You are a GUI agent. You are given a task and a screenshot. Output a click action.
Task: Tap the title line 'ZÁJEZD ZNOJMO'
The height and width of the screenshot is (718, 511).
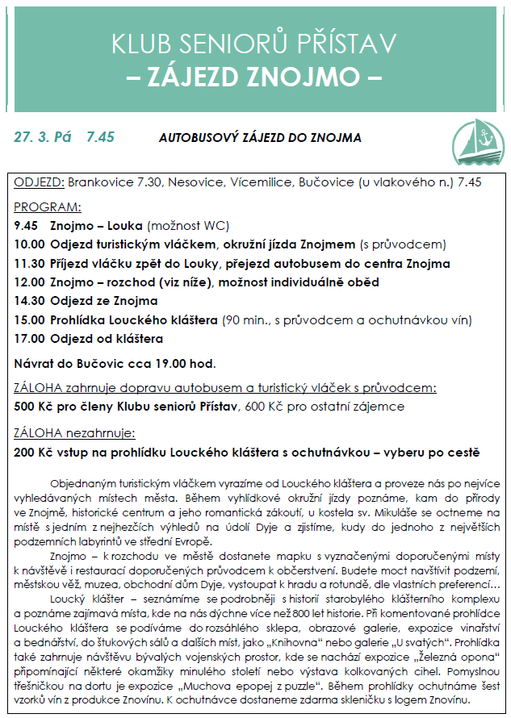(255, 79)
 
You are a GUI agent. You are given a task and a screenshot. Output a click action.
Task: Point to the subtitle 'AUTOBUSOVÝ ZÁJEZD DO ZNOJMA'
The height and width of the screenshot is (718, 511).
(260, 138)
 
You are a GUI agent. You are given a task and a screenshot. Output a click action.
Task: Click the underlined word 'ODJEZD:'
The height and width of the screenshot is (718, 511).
(40, 182)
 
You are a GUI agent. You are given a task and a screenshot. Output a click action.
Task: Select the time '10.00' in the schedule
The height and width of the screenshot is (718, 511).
(30, 244)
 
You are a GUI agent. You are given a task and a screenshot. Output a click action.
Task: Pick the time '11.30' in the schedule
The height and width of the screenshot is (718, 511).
(30, 263)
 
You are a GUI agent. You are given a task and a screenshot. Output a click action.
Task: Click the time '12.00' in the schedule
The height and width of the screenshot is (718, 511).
(30, 282)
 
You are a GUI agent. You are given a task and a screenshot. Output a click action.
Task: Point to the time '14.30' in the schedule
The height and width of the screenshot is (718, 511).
(30, 301)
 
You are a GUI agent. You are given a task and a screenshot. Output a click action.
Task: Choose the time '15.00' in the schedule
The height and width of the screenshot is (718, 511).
(30, 320)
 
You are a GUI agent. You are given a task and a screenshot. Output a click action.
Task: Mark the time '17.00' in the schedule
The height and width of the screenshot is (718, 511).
(30, 339)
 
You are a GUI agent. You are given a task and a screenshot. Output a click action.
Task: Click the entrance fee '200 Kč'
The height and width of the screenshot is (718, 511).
(34, 452)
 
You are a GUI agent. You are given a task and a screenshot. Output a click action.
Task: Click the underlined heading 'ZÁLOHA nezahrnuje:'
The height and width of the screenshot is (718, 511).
(74, 432)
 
